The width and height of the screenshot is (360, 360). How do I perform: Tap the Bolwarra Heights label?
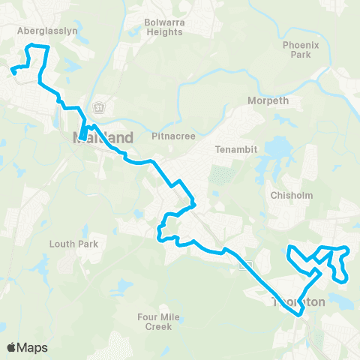pos(163,28)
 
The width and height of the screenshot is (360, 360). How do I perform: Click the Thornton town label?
pos(298,301)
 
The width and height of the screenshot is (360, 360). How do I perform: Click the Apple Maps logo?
pos(27,347)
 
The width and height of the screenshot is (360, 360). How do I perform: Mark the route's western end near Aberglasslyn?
pos(13,73)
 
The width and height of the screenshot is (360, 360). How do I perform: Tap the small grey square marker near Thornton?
pos(243,265)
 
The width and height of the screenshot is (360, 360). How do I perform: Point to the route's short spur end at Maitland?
pos(80,137)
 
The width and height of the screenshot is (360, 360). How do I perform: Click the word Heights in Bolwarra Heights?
pos(163,32)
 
